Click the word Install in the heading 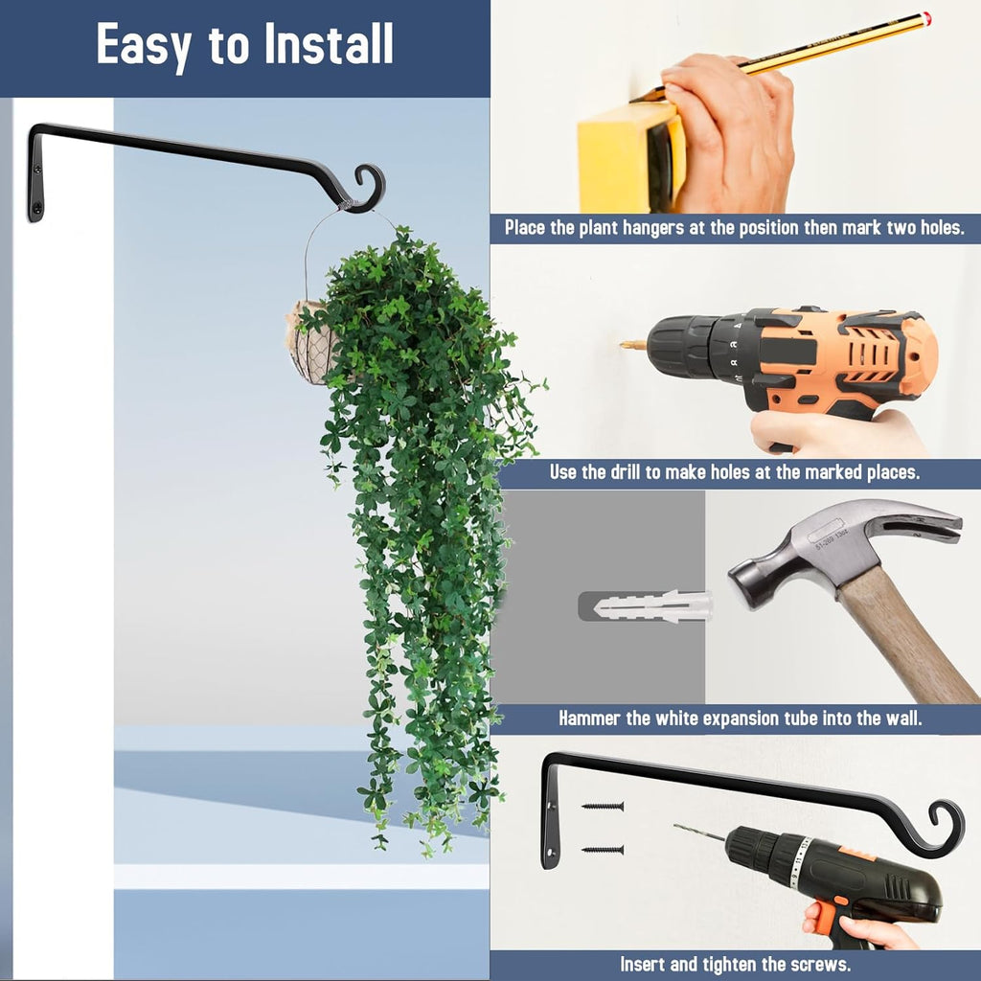tap(329, 44)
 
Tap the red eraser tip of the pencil tap(925, 17)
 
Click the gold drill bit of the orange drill tap(633, 345)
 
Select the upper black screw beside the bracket tap(603, 807)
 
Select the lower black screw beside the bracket tap(603, 850)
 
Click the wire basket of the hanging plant tap(313, 344)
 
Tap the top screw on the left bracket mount tap(37, 169)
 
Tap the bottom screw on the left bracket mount tap(37, 208)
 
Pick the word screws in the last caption tap(824, 964)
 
